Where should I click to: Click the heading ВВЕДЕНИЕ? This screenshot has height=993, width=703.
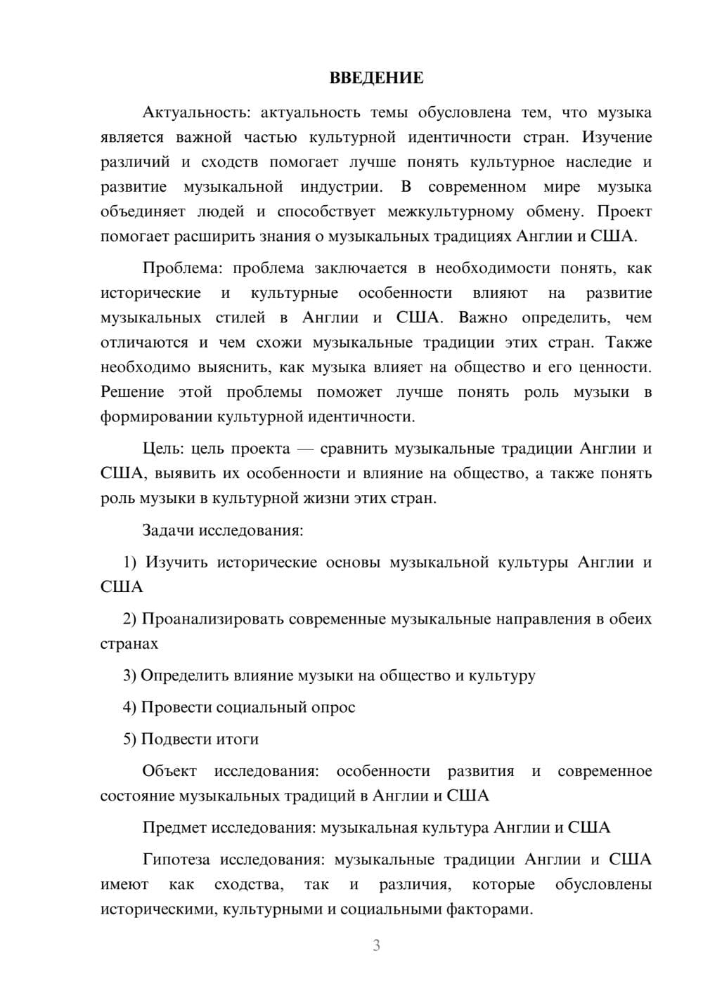(376, 78)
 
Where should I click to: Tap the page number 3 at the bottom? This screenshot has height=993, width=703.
(376, 945)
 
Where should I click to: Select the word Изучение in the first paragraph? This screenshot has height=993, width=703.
(617, 137)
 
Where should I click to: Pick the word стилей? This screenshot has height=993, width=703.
(240, 317)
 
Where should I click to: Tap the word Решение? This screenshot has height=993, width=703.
(132, 392)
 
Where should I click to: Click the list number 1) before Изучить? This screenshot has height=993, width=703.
(130, 563)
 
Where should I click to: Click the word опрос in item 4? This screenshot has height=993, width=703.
(333, 707)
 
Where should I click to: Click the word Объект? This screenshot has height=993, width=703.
(169, 771)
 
